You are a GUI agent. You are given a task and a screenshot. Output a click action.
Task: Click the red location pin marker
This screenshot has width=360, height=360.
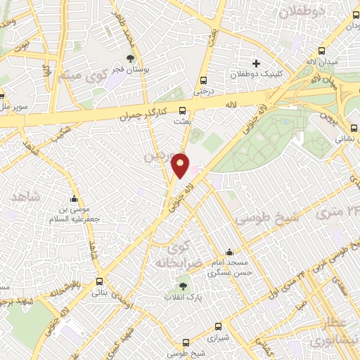coord(181,165)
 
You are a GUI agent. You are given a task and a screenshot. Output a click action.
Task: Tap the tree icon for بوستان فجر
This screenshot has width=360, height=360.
coord(131,58)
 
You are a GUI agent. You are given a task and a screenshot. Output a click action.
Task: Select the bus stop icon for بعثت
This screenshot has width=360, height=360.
coord(182,110)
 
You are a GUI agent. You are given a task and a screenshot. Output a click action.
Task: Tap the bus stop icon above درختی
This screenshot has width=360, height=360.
coord(203,80)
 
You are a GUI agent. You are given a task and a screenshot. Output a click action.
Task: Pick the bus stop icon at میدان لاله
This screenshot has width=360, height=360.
coord(321,51)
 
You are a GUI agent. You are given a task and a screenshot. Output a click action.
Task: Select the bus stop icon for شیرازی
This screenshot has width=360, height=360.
coord(218,327)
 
